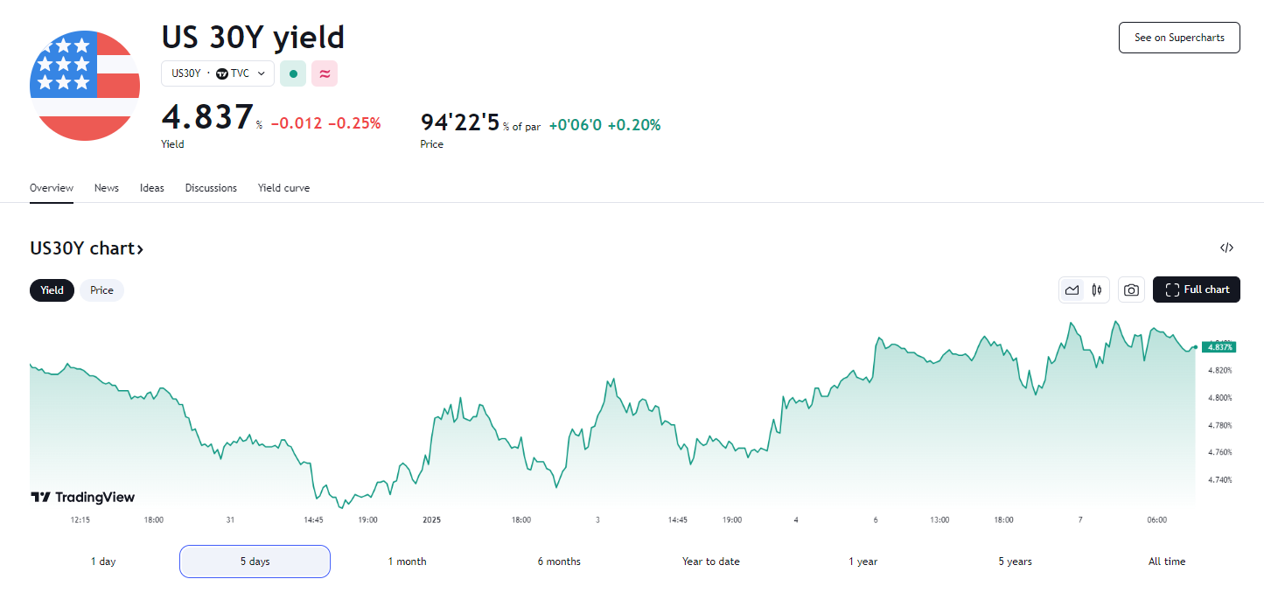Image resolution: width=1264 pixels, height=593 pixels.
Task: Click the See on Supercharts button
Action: tap(1179, 38)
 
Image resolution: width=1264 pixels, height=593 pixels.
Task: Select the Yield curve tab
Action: tap(283, 188)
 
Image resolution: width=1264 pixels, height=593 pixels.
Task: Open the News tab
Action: tap(107, 188)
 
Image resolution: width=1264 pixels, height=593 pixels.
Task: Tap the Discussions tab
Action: tap(211, 188)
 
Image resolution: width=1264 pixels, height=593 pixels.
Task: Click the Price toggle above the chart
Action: tap(101, 290)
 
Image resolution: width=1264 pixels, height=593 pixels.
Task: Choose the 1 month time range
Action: tap(407, 562)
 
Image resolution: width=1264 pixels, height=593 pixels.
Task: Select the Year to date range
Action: tap(710, 562)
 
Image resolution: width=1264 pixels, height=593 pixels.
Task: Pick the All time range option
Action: tap(1167, 562)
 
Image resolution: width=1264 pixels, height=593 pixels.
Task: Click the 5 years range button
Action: tap(1015, 562)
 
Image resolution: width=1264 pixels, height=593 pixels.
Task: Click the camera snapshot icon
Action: tap(1131, 290)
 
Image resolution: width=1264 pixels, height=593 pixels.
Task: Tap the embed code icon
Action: tap(1226, 248)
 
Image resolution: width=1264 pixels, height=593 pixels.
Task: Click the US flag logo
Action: tap(85, 86)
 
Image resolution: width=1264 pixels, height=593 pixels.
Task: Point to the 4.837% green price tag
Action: tap(1219, 347)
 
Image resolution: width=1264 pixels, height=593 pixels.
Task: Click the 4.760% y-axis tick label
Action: tap(1219, 452)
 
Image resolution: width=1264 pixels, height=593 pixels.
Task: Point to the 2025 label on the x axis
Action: tap(432, 520)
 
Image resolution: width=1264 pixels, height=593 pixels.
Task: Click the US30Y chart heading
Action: tap(87, 248)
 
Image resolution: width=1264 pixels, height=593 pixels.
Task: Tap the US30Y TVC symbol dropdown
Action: tap(218, 73)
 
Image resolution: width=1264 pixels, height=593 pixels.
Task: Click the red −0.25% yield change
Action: tap(354, 123)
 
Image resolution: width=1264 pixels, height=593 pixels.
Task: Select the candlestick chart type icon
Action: tap(1096, 290)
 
